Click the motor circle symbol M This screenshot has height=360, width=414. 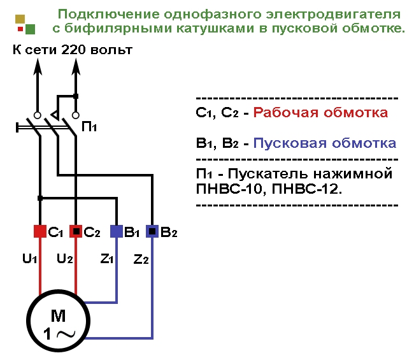coord(59,323)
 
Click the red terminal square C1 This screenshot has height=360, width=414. coord(40,231)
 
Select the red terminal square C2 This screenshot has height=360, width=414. coord(76,231)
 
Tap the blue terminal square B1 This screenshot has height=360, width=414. coord(117,231)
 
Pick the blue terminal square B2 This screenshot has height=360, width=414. coord(152,231)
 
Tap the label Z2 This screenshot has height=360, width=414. coord(141,259)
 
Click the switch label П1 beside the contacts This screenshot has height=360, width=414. coord(89,127)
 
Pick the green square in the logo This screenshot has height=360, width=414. coord(31,29)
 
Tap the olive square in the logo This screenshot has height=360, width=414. coord(20,18)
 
